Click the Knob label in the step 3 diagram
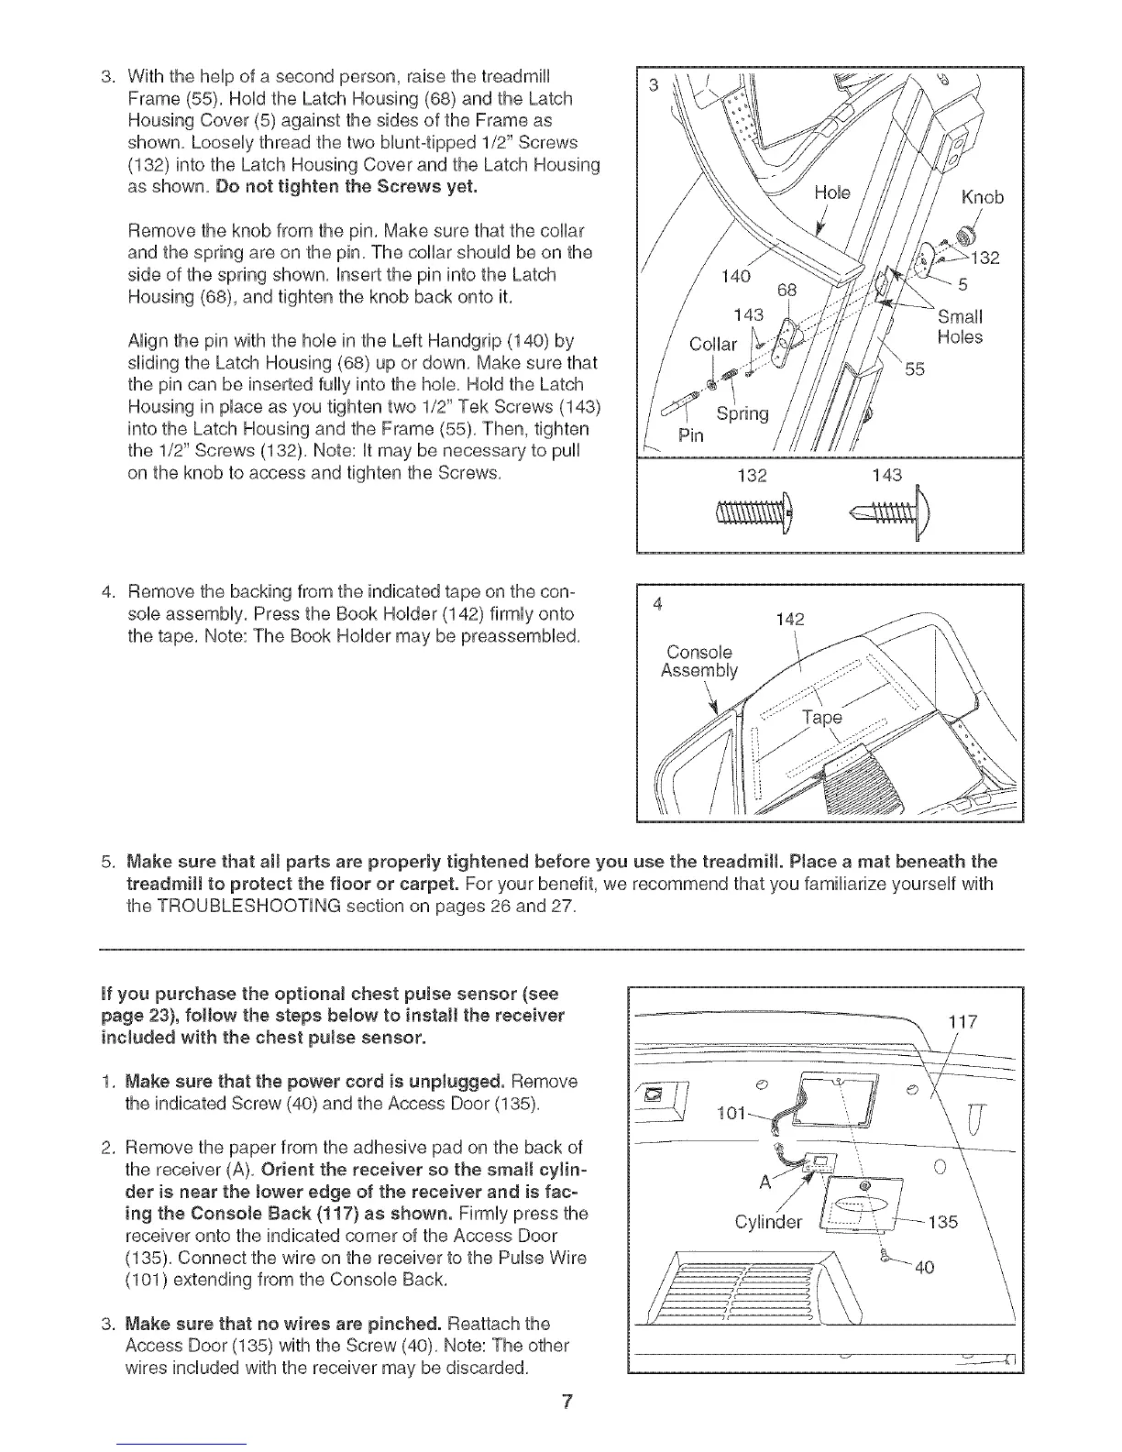pos(981,197)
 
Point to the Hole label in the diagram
pos(832,192)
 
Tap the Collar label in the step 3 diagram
pos(713,345)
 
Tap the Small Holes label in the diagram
pos(960,327)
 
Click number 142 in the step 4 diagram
pos(790,621)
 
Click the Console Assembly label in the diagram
pos(698,661)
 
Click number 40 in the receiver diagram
pos(926,1269)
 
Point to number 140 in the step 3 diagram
pos(736,276)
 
